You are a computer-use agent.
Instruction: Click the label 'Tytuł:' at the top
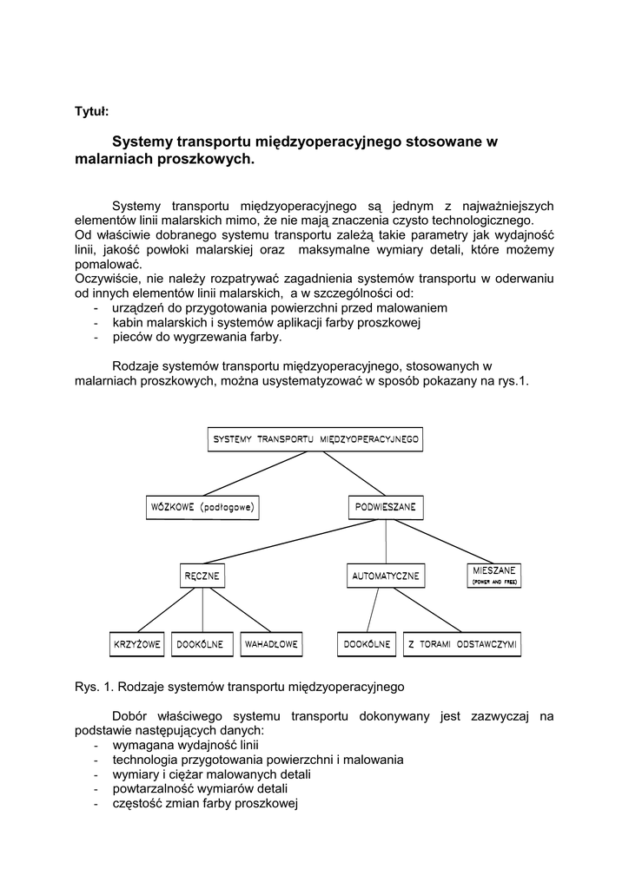[x=91, y=110]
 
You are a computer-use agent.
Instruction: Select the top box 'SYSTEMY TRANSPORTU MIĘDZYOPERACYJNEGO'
[x=316, y=439]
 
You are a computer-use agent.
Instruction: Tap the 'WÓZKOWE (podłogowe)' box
[x=204, y=506]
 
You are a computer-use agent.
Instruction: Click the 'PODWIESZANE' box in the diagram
[x=386, y=506]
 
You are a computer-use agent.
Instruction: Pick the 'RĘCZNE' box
[x=202, y=576]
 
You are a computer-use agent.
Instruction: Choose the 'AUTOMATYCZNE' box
[x=386, y=576]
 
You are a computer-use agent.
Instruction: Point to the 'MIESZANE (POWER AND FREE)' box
[x=494, y=576]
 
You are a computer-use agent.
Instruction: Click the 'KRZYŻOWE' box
[x=136, y=644]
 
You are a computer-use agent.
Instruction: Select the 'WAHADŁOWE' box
[x=272, y=644]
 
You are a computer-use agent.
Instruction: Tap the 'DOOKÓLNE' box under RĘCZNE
[x=201, y=644]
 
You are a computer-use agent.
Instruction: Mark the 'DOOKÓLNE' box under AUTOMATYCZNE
[x=367, y=644]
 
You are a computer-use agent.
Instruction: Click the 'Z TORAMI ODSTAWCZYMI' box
[x=462, y=644]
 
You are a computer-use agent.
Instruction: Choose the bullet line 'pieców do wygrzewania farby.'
[x=197, y=337]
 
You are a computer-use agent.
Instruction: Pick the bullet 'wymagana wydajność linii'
[x=185, y=745]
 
